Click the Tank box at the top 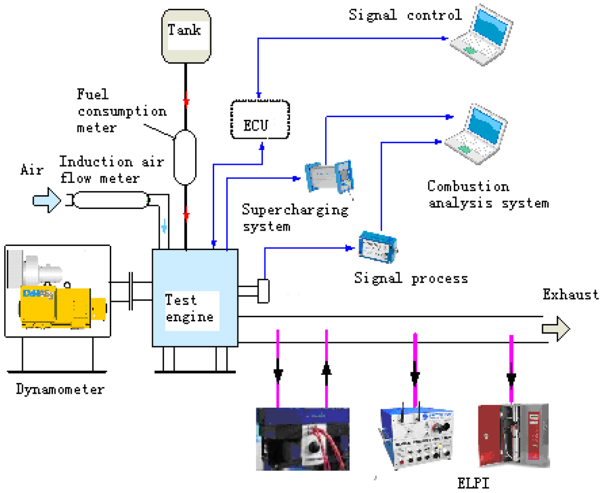[185, 35]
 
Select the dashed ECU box [259, 119]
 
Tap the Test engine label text [189, 308]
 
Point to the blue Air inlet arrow [46, 201]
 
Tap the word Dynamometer [59, 389]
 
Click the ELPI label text [472, 484]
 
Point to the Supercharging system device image [329, 176]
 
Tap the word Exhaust [570, 294]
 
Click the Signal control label [405, 14]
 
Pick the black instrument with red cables [302, 438]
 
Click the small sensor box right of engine [263, 291]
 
